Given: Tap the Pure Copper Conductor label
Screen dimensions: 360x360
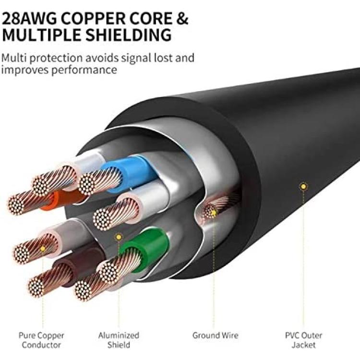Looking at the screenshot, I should click(x=41, y=340).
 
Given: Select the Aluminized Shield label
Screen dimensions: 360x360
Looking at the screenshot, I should click(x=119, y=340).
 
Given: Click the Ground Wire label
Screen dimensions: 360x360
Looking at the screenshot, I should click(x=215, y=336).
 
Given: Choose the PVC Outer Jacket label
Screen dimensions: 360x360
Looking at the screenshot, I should click(x=302, y=340).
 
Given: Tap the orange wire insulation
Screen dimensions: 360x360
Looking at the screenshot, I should click(x=54, y=200).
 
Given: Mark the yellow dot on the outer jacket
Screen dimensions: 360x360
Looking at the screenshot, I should click(x=303, y=185).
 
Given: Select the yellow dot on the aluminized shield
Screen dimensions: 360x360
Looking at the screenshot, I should click(x=119, y=237).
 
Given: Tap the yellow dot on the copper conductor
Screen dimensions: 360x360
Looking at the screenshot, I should click(x=42, y=249).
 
